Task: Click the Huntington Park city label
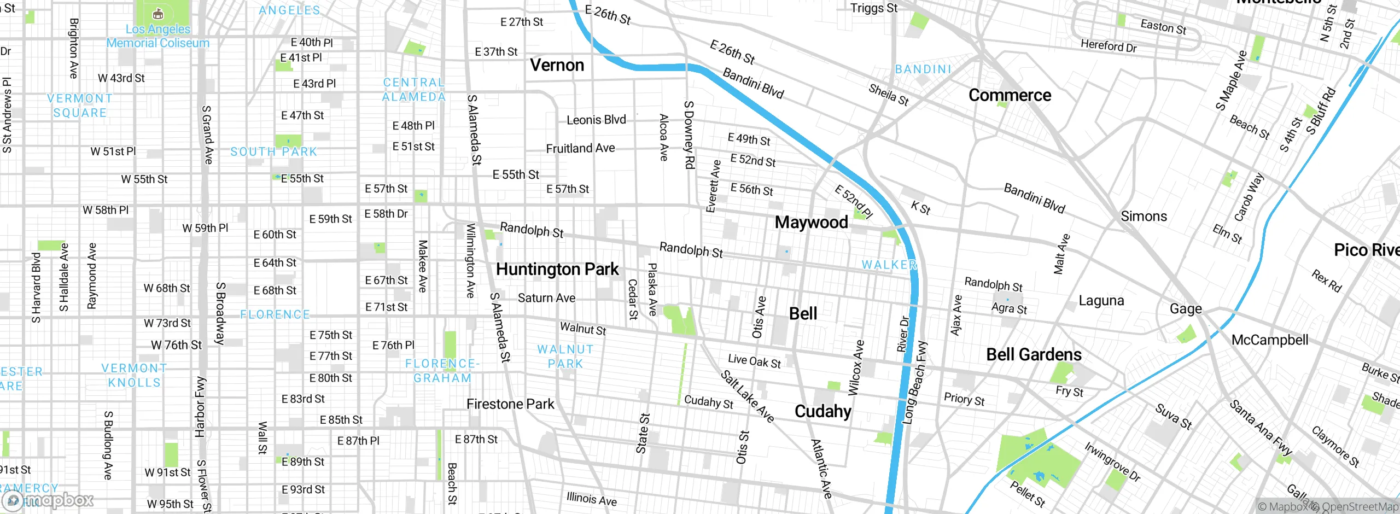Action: pyautogui.click(x=557, y=270)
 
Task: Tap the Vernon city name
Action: pyautogui.click(x=557, y=65)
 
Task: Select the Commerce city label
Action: pyautogui.click(x=1010, y=95)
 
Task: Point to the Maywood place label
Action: pyautogui.click(x=811, y=223)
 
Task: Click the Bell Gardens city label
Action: pyautogui.click(x=1034, y=355)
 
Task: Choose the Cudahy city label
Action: pyautogui.click(x=822, y=411)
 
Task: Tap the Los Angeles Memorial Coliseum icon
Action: pyautogui.click(x=157, y=14)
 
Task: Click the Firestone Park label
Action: pyautogui.click(x=510, y=404)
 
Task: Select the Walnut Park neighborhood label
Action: pyautogui.click(x=565, y=357)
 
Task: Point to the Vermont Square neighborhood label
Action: pyautogui.click(x=80, y=106)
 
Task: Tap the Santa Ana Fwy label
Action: pyautogui.click(x=1261, y=428)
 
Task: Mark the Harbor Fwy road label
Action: pyautogui.click(x=200, y=407)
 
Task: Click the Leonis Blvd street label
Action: pyautogui.click(x=596, y=120)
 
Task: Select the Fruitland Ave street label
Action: pyautogui.click(x=580, y=148)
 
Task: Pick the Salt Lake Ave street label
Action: pyautogui.click(x=748, y=396)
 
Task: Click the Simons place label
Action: pyautogui.click(x=1144, y=217)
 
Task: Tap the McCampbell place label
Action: pyautogui.click(x=1269, y=340)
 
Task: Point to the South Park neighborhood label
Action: pyautogui.click(x=273, y=152)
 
